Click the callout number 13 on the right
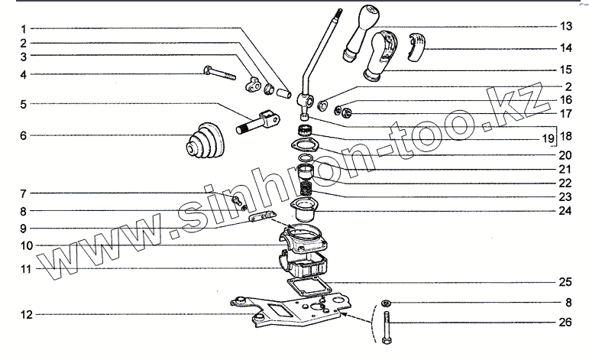point(566,26)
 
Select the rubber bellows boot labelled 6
point(205,139)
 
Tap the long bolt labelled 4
point(219,73)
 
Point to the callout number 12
point(26,315)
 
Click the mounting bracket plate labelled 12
point(291,310)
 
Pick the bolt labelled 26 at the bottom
point(387,327)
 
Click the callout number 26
point(565,323)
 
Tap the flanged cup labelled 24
point(304,209)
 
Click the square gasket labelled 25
point(309,285)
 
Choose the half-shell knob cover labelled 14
point(417,46)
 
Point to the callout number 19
point(548,138)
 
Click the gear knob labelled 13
point(361,33)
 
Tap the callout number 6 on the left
point(24,135)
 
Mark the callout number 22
point(565,183)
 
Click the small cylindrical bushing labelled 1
point(283,92)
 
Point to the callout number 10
point(26,246)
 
